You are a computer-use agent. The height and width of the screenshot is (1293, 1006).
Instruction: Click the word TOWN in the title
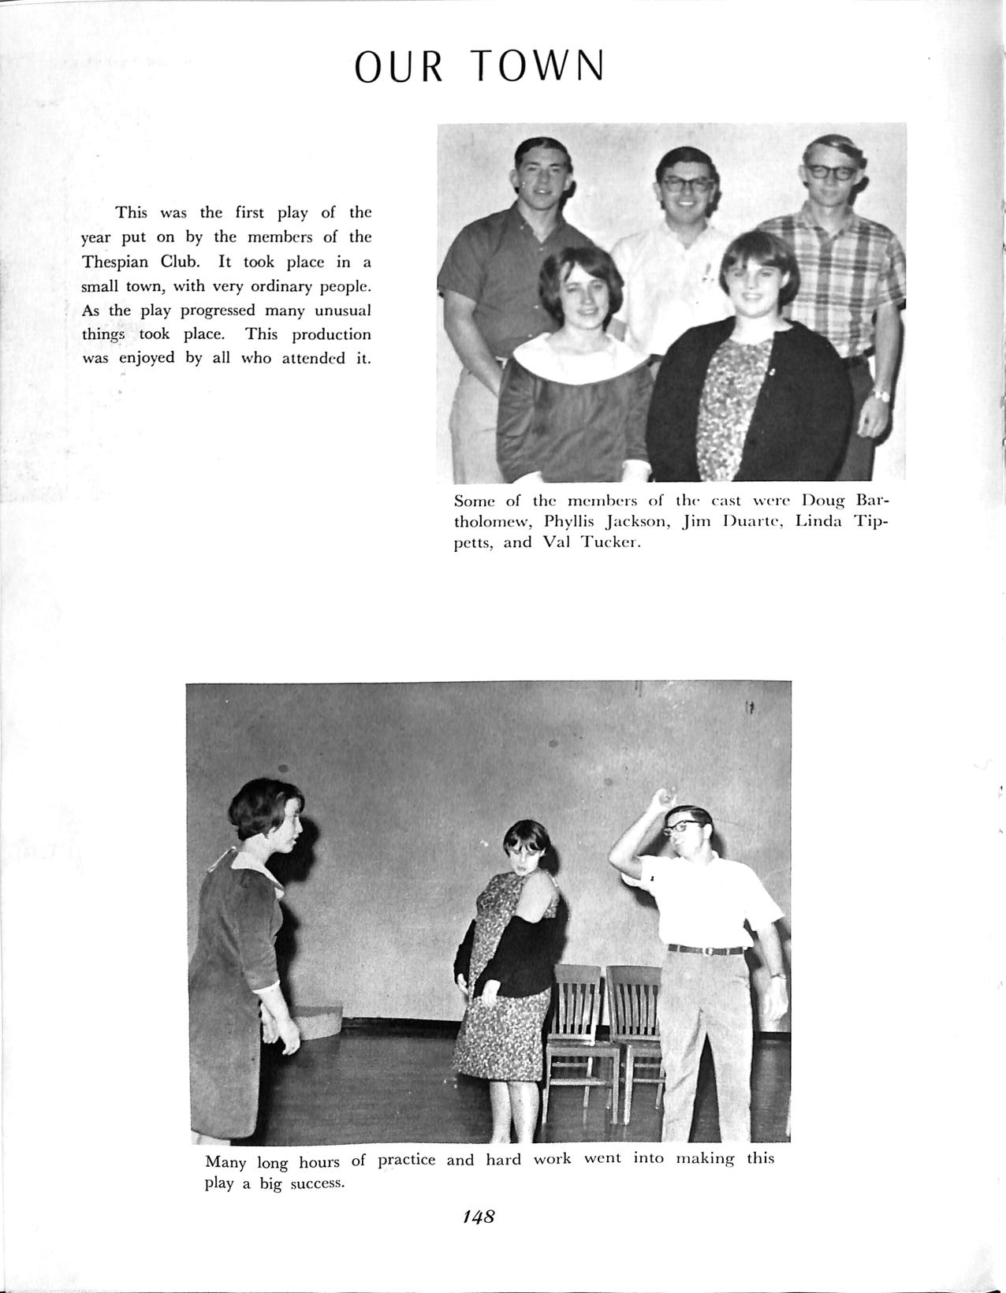coord(541,67)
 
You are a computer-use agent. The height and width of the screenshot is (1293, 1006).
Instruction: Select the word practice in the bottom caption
coord(407,1160)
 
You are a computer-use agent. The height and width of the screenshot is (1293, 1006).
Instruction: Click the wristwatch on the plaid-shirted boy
coord(878,394)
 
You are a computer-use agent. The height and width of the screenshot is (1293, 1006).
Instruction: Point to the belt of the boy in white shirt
coord(706,949)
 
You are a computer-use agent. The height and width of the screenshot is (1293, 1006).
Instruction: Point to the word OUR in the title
coord(398,67)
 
